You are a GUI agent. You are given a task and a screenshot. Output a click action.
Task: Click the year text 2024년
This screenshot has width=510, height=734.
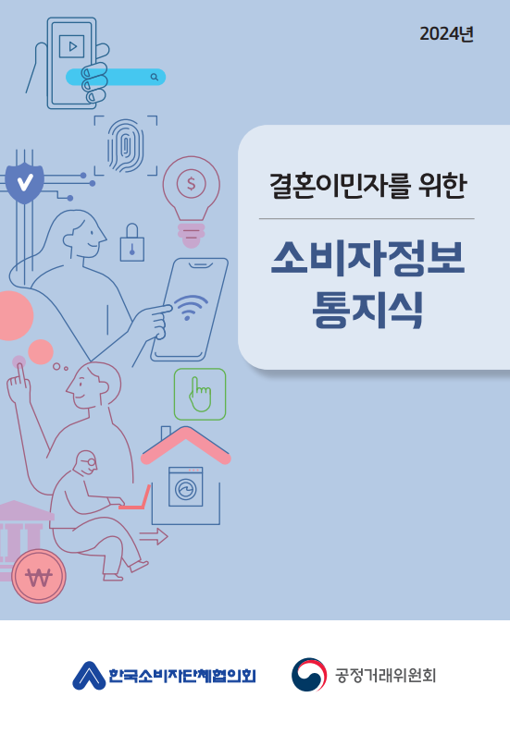point(446,35)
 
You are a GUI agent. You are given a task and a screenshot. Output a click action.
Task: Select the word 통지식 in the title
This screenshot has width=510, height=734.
point(367,311)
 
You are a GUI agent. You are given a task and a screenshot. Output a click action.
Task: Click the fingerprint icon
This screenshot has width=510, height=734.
point(124,145)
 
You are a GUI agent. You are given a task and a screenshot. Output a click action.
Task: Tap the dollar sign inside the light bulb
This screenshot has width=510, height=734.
point(192,183)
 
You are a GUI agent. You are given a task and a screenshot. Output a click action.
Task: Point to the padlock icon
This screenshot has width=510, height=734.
point(132,243)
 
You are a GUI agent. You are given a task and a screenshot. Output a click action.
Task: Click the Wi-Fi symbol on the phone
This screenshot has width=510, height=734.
point(191,307)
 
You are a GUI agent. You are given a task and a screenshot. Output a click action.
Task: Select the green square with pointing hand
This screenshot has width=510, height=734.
point(200,395)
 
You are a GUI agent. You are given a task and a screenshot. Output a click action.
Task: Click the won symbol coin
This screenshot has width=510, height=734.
point(40,577)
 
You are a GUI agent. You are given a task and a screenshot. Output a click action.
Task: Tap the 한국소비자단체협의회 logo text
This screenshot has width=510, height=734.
point(181,676)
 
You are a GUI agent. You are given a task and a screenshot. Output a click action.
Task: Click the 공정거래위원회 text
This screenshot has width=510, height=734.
point(385,675)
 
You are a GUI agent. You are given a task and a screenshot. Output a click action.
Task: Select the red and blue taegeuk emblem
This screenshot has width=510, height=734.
point(308,675)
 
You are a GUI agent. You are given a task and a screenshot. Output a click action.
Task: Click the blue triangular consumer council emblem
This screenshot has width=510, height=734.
point(89,676)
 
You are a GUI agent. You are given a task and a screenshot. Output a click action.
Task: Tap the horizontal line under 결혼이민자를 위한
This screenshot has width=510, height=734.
point(367,219)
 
